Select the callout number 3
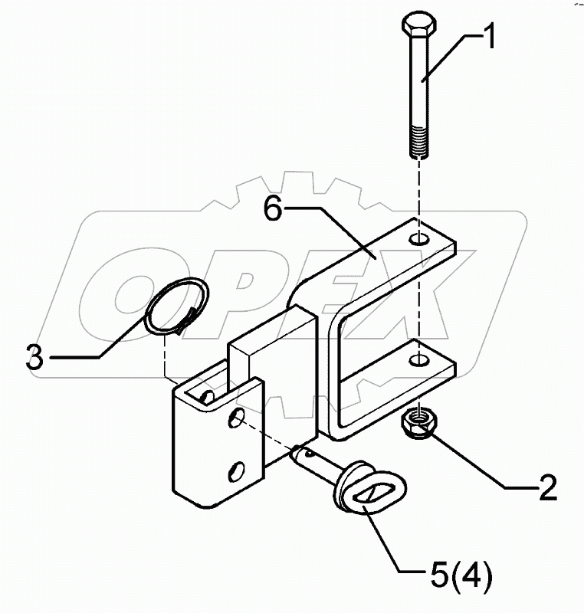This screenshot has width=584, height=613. tap(34, 358)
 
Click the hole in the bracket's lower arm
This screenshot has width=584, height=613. tap(418, 359)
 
